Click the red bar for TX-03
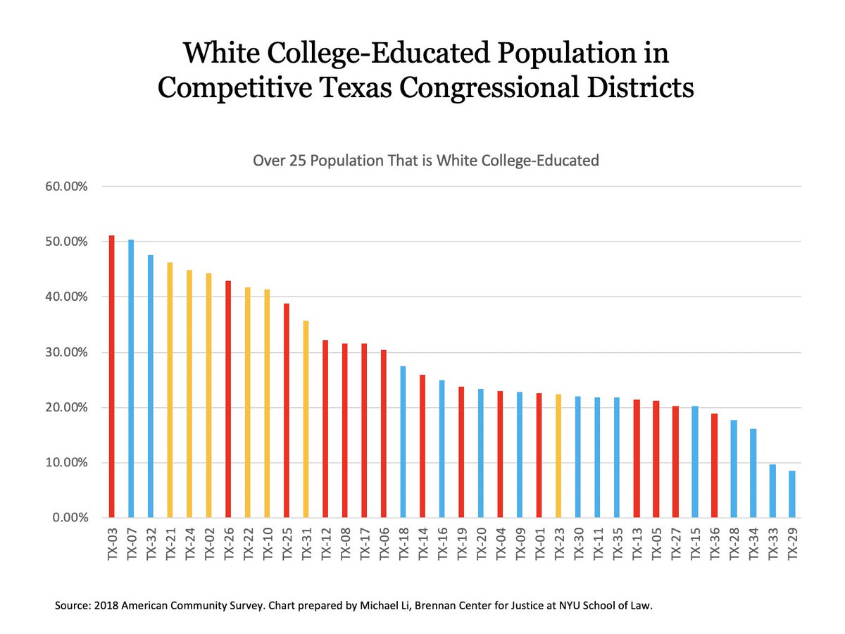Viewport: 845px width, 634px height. point(111,377)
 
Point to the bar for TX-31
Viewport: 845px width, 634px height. point(306,419)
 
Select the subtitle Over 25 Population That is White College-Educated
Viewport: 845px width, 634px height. point(425,161)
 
